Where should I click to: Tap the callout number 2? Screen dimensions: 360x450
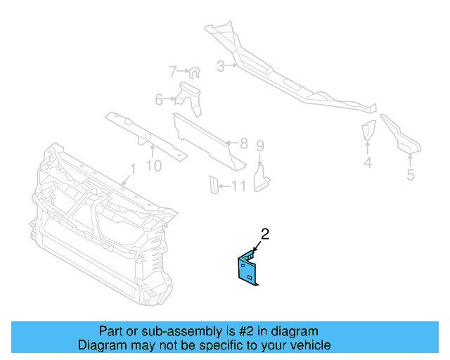coord(265,233)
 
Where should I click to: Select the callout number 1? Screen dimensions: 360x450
coord(131,169)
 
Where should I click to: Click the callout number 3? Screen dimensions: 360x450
coord(220,67)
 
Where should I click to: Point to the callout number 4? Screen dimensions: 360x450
coord(368,164)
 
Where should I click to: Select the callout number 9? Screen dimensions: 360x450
coord(153,165)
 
